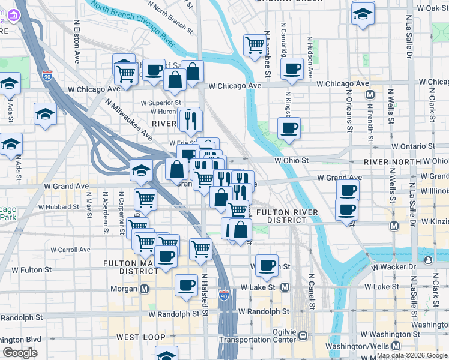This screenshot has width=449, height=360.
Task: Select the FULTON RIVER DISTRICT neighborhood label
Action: [282, 216]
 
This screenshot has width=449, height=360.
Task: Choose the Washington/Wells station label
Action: [359, 346]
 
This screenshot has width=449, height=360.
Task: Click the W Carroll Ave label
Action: [70, 250]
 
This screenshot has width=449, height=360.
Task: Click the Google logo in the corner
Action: [20, 353]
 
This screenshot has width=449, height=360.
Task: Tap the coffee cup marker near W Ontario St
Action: [289, 127]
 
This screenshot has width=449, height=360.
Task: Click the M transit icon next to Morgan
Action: [144, 289]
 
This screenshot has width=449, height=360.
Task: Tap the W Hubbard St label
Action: [58, 207]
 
